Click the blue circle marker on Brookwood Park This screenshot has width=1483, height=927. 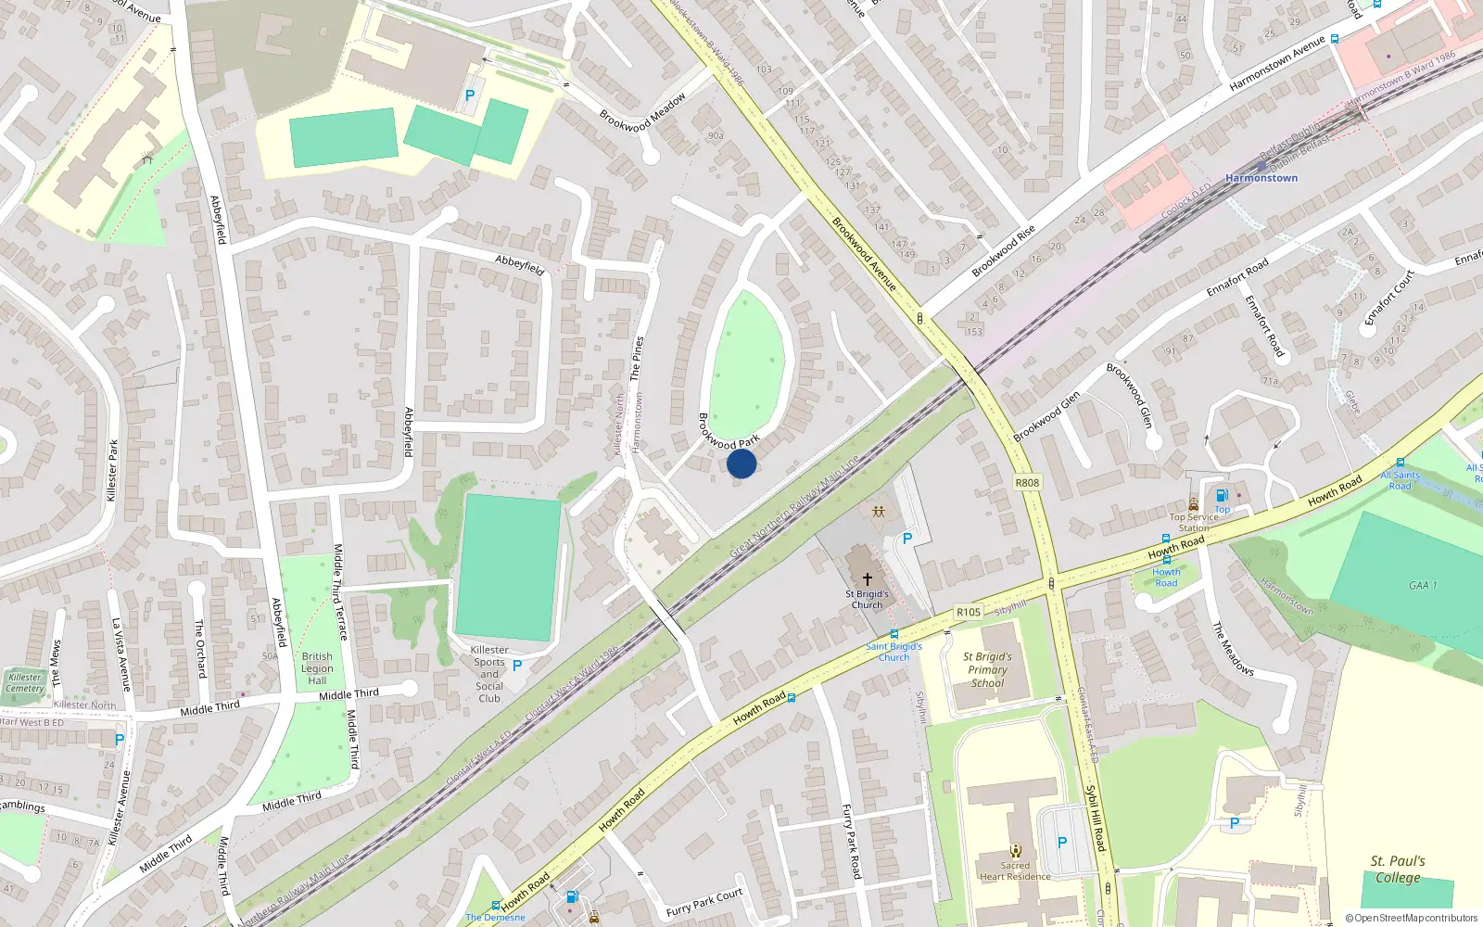741,463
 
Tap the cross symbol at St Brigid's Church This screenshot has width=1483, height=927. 868,578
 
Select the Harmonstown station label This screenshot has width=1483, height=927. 1261,178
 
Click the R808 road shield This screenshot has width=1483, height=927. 1027,482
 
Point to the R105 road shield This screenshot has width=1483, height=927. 969,612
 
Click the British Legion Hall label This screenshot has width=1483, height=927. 317,668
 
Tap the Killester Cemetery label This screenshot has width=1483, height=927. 25,682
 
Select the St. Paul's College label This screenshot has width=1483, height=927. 1398,869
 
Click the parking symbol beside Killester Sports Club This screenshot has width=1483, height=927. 517,666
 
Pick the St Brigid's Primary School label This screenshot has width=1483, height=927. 988,669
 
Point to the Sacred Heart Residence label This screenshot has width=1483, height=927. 1015,870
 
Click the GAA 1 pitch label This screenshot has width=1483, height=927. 1423,585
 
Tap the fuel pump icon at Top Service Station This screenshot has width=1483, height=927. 1222,496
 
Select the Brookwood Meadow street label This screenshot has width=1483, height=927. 642,111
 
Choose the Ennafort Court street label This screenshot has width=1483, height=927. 1389,297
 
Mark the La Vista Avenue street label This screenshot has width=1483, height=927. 121,654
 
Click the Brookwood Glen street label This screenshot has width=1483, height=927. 1046,417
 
